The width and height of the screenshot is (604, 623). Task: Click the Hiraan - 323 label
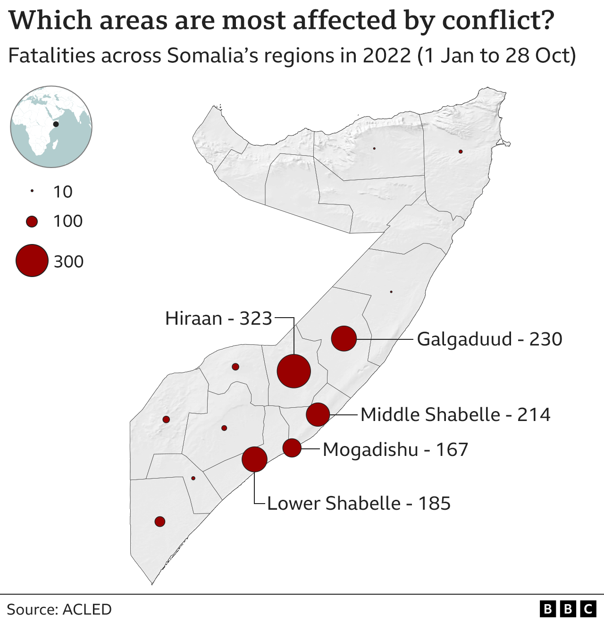click(x=218, y=319)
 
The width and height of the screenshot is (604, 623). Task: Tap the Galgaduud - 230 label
click(x=489, y=339)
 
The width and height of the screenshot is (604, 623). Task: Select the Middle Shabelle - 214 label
click(x=455, y=415)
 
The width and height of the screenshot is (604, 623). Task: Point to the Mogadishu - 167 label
click(x=395, y=450)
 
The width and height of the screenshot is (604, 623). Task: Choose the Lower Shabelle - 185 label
click(x=359, y=504)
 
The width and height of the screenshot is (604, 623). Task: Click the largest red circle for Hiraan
click(x=294, y=371)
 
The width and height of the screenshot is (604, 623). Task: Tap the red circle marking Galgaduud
click(x=344, y=338)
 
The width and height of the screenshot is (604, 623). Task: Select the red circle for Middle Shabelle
click(x=318, y=414)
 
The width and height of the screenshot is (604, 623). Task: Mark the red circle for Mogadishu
click(x=292, y=448)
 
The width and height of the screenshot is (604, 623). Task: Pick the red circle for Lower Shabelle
click(x=255, y=459)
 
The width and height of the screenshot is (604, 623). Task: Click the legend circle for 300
click(x=32, y=261)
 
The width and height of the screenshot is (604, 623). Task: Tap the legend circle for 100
click(x=32, y=221)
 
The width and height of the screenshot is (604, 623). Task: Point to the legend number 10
click(x=63, y=192)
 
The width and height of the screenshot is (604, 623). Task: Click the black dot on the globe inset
click(x=56, y=124)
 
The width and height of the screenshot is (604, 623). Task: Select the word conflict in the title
click(x=498, y=21)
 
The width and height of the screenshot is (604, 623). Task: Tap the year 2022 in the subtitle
click(x=387, y=56)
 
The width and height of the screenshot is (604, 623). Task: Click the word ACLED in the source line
click(x=87, y=609)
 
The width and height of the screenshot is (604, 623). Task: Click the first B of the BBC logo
click(x=547, y=609)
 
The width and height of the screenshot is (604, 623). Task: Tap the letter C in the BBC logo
click(x=588, y=609)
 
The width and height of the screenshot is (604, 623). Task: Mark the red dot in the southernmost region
click(x=160, y=522)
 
